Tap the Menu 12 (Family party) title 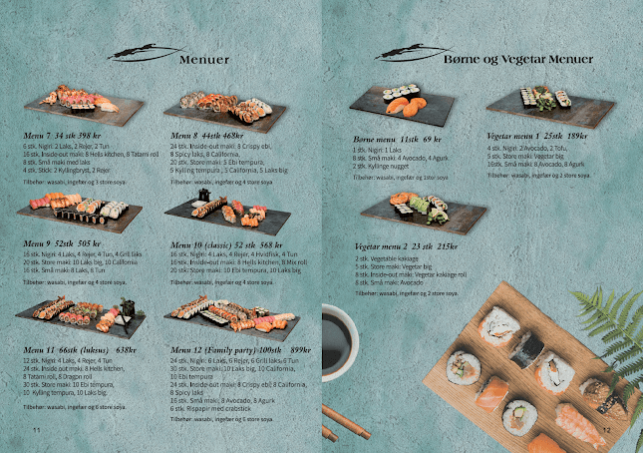tap(238, 350)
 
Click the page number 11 tap(36, 428)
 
